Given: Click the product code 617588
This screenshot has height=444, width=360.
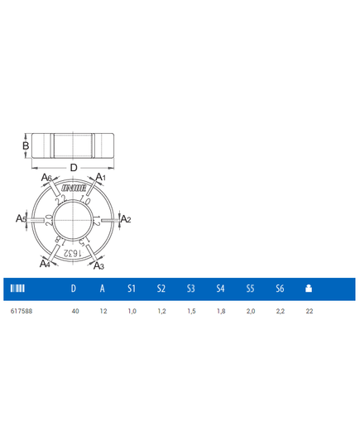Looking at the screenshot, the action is (x=22, y=311).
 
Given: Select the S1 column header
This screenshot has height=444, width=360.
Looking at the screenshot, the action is (x=132, y=289).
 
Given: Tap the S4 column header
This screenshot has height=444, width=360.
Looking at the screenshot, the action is (x=220, y=289).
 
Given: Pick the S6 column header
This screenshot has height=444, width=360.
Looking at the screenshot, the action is (x=280, y=289).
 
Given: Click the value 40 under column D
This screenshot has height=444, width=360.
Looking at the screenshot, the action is (x=75, y=311).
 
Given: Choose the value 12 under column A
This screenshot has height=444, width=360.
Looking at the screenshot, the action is (x=103, y=311).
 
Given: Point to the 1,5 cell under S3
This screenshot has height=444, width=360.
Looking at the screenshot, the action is (x=191, y=311).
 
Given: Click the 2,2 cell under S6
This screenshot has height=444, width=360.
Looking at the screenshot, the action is (x=280, y=311).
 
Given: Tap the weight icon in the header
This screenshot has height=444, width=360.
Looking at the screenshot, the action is (x=309, y=289).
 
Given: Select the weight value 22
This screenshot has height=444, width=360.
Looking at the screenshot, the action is (x=310, y=311).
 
